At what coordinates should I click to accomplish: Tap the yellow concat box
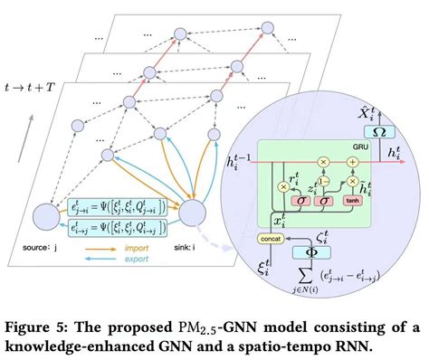pyautogui.click(x=271, y=238)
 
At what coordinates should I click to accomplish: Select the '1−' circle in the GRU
pyautogui.click(x=330, y=180)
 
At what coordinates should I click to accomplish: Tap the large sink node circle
pyautogui.click(x=196, y=213)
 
